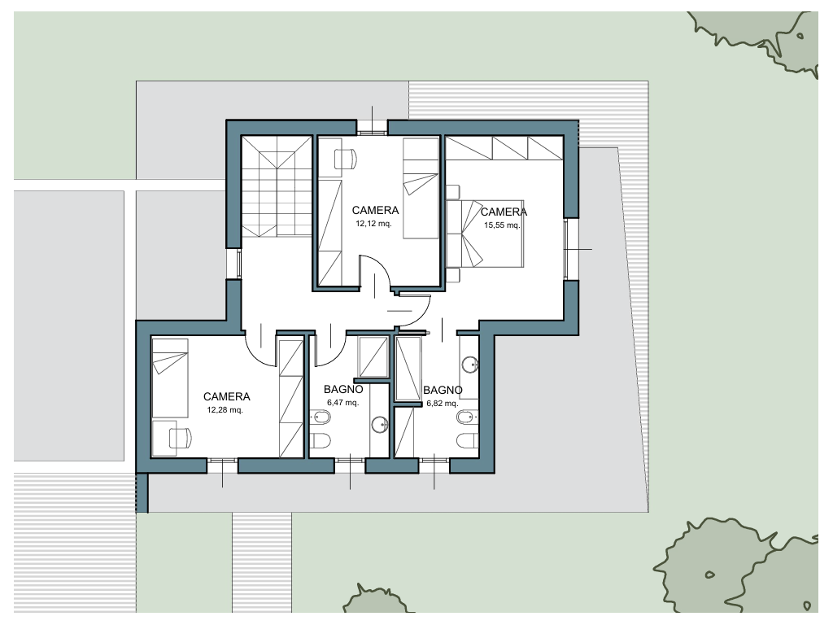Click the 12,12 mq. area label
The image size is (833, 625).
point(373,224)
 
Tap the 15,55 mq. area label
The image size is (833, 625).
point(502,225)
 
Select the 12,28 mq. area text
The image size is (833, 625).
point(225,410)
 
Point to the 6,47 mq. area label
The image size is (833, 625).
point(343,402)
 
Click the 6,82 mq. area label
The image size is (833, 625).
point(443,404)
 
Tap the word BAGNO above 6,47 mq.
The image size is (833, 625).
point(343,390)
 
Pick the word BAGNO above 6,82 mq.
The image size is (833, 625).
point(443,390)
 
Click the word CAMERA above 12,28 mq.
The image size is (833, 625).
point(227,396)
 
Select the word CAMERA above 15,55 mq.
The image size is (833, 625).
point(504,212)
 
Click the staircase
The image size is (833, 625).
point(277,186)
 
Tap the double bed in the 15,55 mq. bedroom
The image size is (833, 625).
point(486,234)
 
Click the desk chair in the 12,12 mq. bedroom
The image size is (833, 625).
point(345,159)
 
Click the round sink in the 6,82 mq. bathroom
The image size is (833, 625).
point(470,365)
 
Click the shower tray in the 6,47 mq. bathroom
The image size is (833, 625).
point(373,356)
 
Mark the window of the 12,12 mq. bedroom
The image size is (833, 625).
point(372,128)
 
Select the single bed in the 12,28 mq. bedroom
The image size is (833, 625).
point(170,378)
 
